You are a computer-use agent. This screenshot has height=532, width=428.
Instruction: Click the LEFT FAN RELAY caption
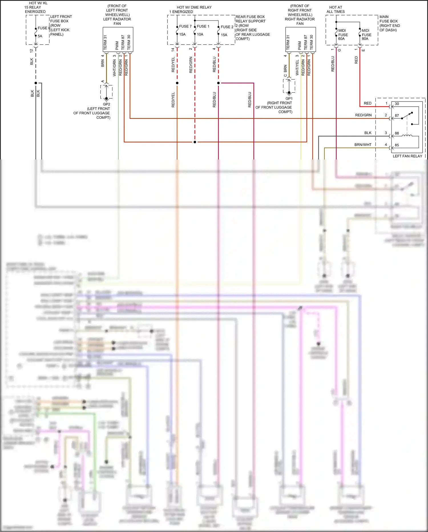(407, 156)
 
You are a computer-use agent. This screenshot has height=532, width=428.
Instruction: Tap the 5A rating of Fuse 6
(40, 36)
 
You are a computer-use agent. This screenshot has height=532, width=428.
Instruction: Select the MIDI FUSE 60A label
(342, 35)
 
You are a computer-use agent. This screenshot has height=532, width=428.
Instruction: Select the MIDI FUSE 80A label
(366, 35)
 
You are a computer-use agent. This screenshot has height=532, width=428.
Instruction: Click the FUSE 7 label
(185, 26)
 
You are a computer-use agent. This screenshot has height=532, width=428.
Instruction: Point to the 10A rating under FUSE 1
(200, 34)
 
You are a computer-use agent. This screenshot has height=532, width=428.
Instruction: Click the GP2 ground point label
(106, 104)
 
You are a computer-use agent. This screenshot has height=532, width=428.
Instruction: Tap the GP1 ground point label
(289, 99)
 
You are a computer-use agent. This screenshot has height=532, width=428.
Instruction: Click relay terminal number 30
(397, 104)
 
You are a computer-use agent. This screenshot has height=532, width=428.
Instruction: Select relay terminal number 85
(397, 145)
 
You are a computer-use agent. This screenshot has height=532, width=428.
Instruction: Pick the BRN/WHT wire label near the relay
(363, 145)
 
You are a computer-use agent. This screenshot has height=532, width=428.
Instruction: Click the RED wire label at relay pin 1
(368, 103)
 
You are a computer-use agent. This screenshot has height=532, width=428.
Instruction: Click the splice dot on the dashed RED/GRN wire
(195, 142)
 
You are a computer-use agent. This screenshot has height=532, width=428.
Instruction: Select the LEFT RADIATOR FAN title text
(117, 21)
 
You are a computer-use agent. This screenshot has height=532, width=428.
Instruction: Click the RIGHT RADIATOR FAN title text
(300, 21)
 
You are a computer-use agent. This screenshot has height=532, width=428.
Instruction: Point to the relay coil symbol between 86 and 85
(407, 136)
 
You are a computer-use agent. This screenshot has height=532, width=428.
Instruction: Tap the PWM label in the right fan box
(300, 45)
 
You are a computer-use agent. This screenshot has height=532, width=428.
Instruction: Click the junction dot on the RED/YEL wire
(177, 83)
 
